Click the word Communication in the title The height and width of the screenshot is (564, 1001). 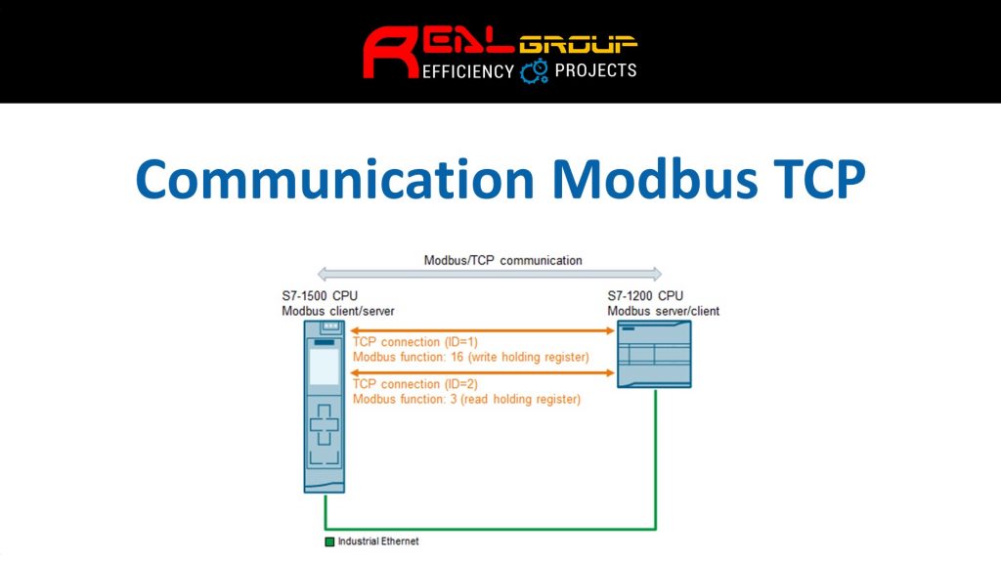click(x=334, y=179)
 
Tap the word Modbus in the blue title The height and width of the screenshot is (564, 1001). click(x=654, y=179)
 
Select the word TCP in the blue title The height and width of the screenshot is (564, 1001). click(x=819, y=179)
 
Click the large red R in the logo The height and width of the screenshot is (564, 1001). click(x=391, y=53)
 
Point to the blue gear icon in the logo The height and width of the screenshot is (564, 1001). click(x=534, y=70)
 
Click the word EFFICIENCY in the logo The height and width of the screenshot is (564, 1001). click(x=468, y=71)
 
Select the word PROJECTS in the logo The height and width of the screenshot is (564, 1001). click(x=595, y=70)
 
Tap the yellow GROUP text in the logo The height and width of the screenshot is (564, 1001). click(x=578, y=44)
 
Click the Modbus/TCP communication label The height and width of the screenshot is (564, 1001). click(x=503, y=260)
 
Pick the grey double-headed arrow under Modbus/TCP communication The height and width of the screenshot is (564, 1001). click(x=490, y=275)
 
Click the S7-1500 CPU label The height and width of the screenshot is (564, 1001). click(x=320, y=296)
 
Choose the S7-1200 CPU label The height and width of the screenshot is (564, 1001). click(x=645, y=296)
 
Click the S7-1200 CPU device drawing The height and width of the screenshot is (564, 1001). click(x=654, y=354)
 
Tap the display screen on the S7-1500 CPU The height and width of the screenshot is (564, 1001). click(x=325, y=367)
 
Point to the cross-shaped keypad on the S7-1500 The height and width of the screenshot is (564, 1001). click(x=325, y=424)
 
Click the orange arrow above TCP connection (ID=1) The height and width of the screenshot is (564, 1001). click(x=483, y=330)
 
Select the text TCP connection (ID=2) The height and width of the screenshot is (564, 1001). click(x=414, y=384)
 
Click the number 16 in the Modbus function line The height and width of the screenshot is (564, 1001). click(x=457, y=358)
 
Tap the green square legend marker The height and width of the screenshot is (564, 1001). click(x=329, y=542)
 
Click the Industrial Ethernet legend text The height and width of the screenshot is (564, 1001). click(x=378, y=542)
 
